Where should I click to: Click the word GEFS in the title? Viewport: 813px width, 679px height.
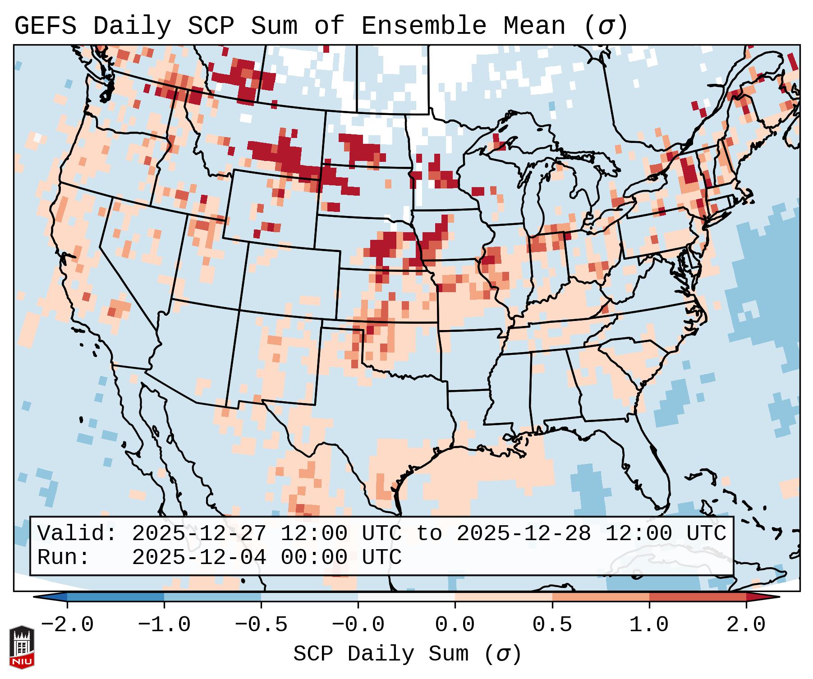tap(45, 26)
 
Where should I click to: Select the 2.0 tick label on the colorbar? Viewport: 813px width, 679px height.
tap(746, 625)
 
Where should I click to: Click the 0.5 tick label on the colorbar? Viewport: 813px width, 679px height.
tap(552, 625)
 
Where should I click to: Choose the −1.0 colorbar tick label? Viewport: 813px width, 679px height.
tap(164, 625)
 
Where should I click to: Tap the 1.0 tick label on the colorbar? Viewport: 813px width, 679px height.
tap(649, 625)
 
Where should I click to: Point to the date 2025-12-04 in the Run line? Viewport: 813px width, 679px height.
tap(199, 558)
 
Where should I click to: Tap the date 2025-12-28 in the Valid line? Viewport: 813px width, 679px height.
tap(524, 534)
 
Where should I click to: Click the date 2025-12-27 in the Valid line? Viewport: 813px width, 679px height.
tap(199, 534)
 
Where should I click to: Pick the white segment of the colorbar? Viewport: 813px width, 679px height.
tap(406, 596)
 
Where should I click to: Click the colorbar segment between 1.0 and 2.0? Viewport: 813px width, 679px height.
tap(698, 596)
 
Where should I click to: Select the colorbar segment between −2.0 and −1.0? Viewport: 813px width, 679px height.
tap(115, 596)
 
